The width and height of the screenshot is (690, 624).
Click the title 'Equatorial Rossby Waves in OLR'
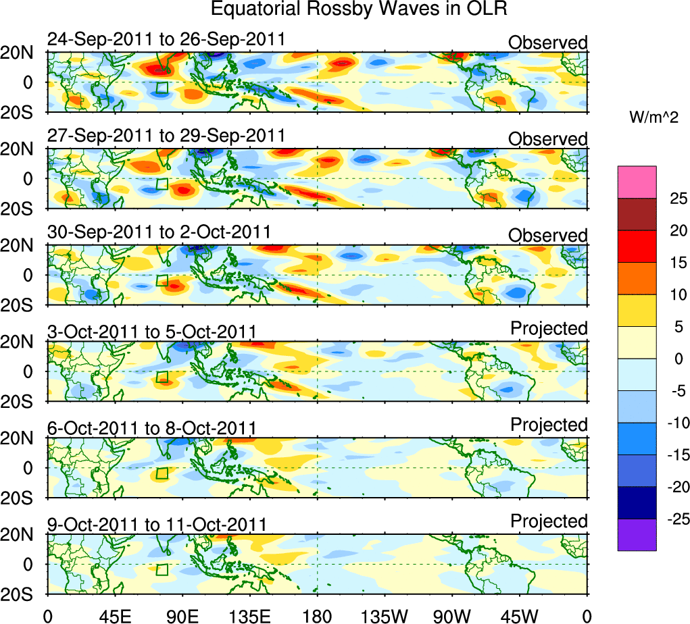point(359,10)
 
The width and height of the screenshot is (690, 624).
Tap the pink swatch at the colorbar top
point(637,182)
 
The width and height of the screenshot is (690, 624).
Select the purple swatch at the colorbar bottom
point(637,534)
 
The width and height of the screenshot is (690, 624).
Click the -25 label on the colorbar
point(675,519)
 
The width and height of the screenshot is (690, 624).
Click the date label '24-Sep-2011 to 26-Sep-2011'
point(166,41)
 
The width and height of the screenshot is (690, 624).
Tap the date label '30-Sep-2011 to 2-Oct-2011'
point(159,233)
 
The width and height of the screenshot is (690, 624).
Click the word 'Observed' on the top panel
point(548,43)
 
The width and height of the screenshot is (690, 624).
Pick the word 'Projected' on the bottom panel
point(549,521)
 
